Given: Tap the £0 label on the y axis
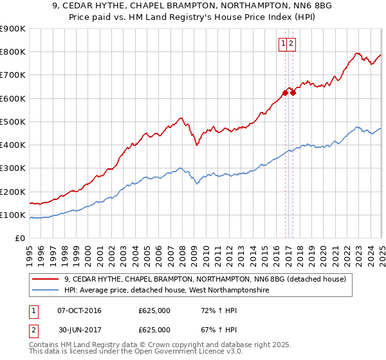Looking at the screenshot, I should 21,239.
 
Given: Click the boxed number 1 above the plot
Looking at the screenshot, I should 283,44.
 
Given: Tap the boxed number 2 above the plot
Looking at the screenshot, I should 291,44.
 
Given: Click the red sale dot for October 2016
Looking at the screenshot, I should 285,93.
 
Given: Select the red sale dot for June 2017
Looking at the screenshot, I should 293,93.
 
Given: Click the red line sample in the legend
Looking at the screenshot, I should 46,279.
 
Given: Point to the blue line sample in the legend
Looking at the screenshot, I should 46,291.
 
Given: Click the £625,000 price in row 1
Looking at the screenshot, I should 154,310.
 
